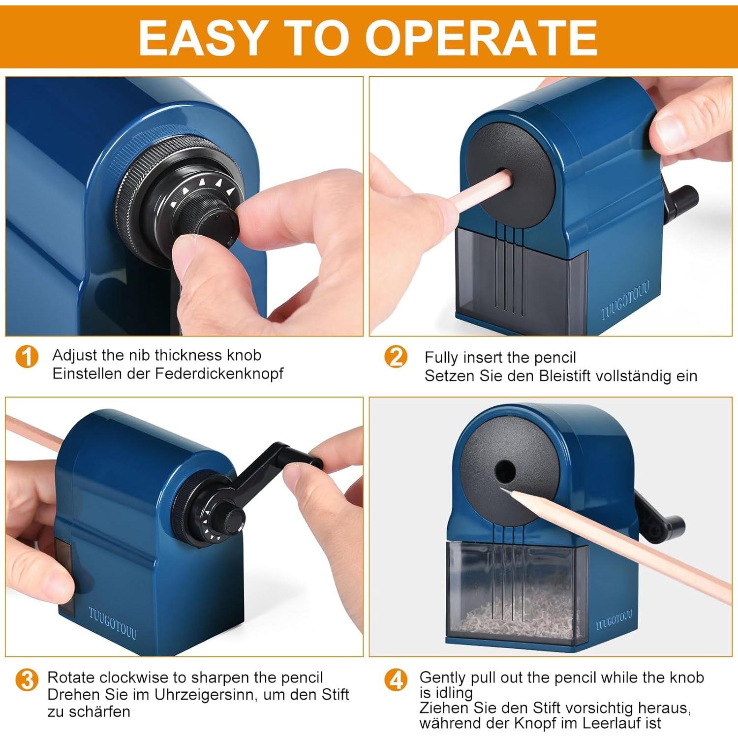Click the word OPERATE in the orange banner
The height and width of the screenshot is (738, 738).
(481, 37)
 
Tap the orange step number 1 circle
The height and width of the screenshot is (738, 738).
(27, 356)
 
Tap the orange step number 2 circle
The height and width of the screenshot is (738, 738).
(396, 357)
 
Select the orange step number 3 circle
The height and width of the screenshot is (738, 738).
(27, 680)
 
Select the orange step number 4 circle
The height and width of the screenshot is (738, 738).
(396, 680)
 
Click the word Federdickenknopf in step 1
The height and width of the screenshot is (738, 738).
(219, 373)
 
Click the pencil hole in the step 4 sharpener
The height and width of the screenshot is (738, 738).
(505, 471)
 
